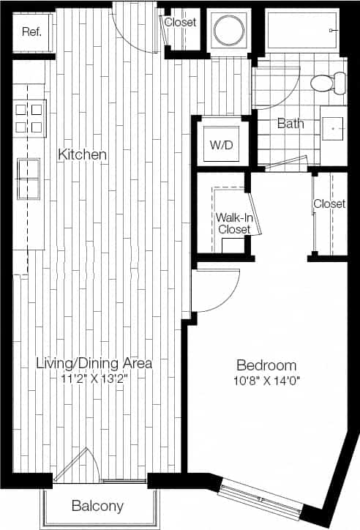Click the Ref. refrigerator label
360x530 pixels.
pyautogui.click(x=31, y=31)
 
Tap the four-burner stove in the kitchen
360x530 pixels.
pyautogui.click(x=29, y=117)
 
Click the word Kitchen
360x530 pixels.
pyautogui.click(x=83, y=155)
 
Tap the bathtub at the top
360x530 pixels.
pyautogui.click(x=301, y=31)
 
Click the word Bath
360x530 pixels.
pyautogui.click(x=290, y=124)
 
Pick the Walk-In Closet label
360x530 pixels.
pyautogui.click(x=233, y=223)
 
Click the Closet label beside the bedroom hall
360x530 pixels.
pyautogui.click(x=329, y=204)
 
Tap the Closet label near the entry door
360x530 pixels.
pyautogui.click(x=180, y=23)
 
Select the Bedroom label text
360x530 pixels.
pyautogui.click(x=266, y=365)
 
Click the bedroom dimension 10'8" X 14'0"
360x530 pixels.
pyautogui.click(x=266, y=380)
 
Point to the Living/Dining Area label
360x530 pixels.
pyautogui.click(x=94, y=363)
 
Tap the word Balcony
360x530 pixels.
pyautogui.click(x=97, y=506)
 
